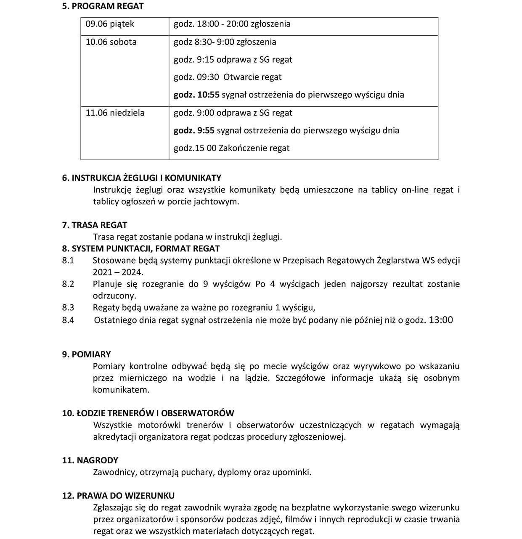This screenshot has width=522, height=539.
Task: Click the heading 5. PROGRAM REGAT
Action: (103, 6)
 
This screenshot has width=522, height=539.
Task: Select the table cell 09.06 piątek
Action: (110, 24)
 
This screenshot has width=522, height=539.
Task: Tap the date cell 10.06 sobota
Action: (111, 42)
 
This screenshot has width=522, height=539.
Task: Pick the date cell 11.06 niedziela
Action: (115, 113)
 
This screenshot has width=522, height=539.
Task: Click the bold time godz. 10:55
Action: (196, 95)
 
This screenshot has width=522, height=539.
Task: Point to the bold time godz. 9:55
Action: (194, 130)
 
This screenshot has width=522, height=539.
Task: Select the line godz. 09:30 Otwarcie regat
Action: (228, 77)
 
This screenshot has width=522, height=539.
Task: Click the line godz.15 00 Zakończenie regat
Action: (231, 148)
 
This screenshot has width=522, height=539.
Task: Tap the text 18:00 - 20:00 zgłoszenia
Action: (244, 24)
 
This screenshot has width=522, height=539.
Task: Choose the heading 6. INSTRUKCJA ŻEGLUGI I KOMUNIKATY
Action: (141, 178)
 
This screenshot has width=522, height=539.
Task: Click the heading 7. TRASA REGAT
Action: (95, 225)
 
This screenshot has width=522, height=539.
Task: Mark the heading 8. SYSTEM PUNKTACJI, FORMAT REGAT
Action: (141, 248)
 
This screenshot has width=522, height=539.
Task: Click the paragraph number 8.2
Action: (68, 284)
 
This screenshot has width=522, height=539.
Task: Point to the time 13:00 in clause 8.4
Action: (440, 320)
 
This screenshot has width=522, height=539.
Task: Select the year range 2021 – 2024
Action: (118, 272)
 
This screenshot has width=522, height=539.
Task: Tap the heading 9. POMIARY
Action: (86, 354)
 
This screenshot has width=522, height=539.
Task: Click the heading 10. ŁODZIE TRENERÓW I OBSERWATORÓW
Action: (148, 413)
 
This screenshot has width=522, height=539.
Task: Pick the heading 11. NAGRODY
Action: (90, 460)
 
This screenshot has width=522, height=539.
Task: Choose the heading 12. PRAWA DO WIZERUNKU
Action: (118, 496)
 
